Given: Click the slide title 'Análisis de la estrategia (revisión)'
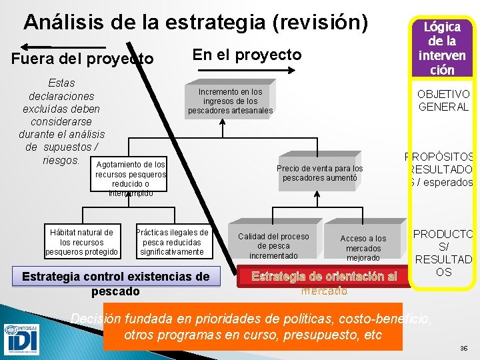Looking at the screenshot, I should [195, 22].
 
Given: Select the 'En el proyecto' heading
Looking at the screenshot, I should [247, 55].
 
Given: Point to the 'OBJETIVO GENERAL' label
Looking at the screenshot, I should [443, 101].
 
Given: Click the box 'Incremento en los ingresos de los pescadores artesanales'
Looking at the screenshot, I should [230, 101].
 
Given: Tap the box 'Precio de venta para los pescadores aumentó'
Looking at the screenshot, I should [320, 173].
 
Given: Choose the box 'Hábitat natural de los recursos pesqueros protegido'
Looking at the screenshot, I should [81, 242].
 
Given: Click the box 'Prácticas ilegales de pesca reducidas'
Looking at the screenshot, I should [172, 242].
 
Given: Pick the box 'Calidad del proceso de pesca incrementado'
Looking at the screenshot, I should [273, 245].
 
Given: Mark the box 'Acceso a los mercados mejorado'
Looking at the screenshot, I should [363, 247].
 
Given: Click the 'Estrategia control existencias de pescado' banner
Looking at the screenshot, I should [116, 283].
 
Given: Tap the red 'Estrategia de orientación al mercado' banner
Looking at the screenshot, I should [324, 281].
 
